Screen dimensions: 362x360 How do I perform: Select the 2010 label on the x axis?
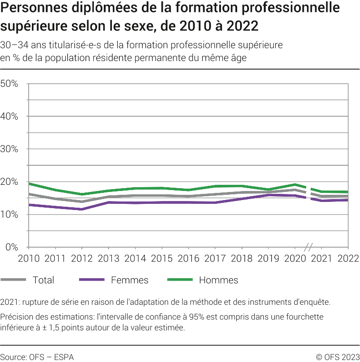[x=29, y=258]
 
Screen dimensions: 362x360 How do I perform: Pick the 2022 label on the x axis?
[x=347, y=258]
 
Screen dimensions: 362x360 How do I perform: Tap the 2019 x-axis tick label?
[x=268, y=258]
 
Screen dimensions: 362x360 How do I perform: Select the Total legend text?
[x=43, y=280]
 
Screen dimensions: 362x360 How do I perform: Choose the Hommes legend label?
[x=218, y=280]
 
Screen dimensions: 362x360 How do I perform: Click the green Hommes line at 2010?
[x=29, y=183]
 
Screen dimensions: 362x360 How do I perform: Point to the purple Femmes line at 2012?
[x=82, y=209]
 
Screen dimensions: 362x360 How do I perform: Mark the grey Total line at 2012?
[x=82, y=201]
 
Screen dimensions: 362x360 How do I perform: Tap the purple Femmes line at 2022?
[x=347, y=200]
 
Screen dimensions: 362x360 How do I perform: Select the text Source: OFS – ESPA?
[x=37, y=357]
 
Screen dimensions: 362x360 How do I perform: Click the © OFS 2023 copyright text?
[x=338, y=357]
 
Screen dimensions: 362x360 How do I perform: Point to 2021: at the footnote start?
[x=10, y=302]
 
